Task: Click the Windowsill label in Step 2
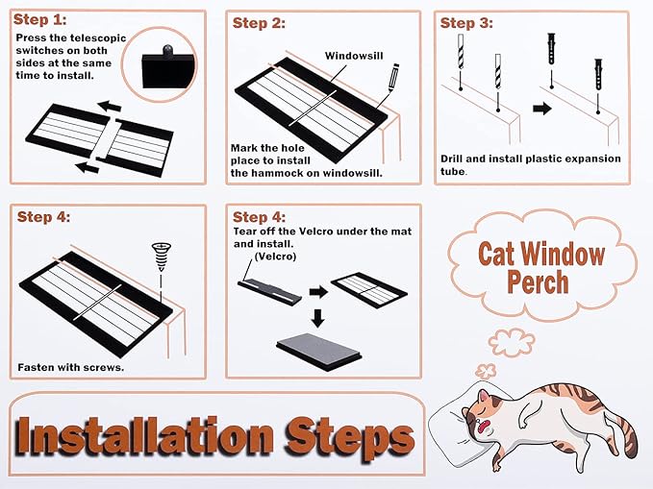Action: (354, 56)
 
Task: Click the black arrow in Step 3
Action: (542, 109)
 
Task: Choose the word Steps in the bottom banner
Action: (351, 438)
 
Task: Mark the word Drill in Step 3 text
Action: (456, 159)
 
